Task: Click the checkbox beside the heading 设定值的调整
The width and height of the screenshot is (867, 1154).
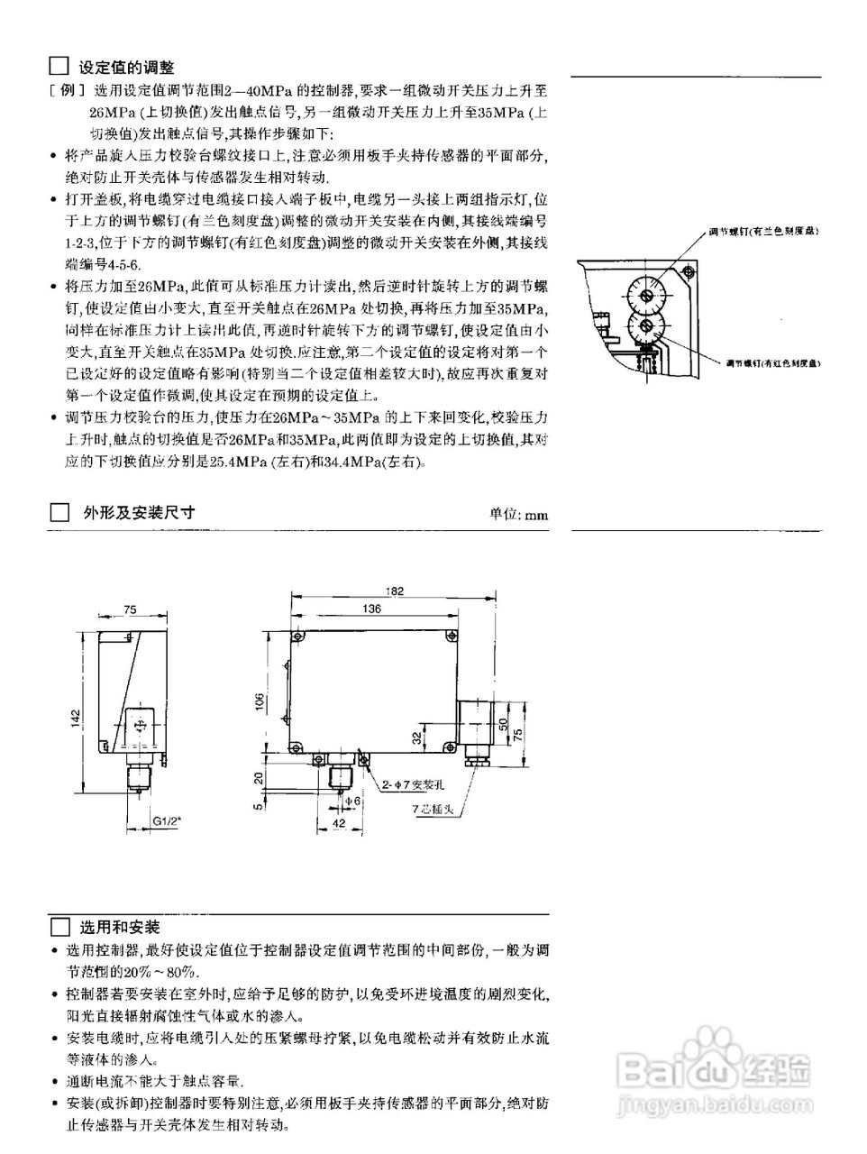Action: click(59, 66)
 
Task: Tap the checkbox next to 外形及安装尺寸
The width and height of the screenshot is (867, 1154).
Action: click(59, 513)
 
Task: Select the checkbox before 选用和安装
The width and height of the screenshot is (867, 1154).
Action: click(59, 927)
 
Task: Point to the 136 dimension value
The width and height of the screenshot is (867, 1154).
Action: click(370, 609)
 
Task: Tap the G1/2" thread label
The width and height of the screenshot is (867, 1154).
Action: click(167, 822)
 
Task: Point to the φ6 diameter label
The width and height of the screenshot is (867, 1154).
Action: click(353, 800)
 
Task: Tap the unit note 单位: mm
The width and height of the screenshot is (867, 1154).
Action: click(518, 515)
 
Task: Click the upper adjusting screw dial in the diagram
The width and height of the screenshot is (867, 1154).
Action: click(645, 295)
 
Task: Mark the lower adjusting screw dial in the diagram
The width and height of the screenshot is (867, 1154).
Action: click(644, 328)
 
